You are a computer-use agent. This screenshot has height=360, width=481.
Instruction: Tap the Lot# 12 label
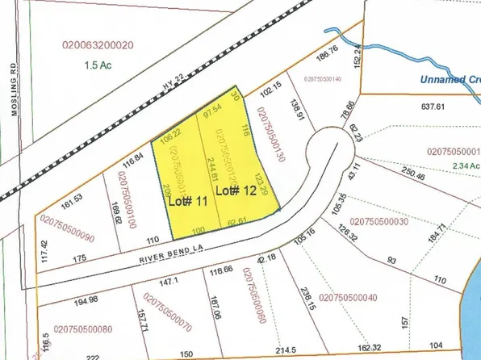[236, 191]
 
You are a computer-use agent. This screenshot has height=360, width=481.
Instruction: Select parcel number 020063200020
[98, 46]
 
